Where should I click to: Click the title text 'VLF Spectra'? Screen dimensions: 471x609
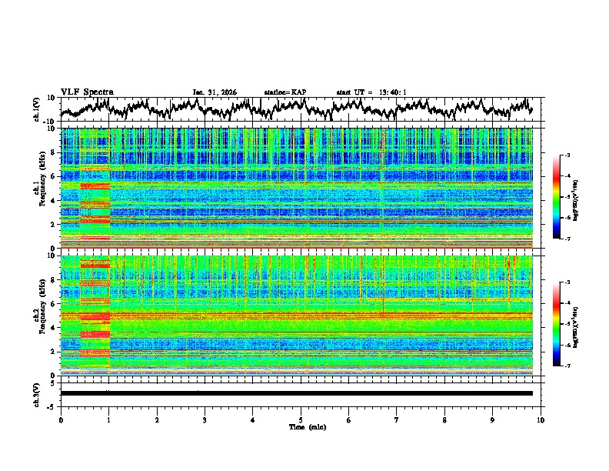pyautogui.click(x=87, y=92)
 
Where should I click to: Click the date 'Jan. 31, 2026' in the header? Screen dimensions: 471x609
pyautogui.click(x=215, y=92)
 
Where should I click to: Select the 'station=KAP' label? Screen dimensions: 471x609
pyautogui.click(x=285, y=92)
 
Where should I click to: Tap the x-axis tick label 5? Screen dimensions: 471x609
pyautogui.click(x=301, y=419)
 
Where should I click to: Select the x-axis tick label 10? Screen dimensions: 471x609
pyautogui.click(x=541, y=419)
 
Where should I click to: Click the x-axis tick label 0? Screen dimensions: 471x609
pyautogui.click(x=61, y=419)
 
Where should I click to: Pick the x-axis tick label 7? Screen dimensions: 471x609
pyautogui.click(x=397, y=419)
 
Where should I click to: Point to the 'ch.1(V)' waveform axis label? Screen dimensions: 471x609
pyautogui.click(x=37, y=109)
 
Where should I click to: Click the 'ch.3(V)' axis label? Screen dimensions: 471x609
pyautogui.click(x=37, y=393)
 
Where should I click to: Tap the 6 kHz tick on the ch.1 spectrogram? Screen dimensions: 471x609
pyautogui.click(x=55, y=176)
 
